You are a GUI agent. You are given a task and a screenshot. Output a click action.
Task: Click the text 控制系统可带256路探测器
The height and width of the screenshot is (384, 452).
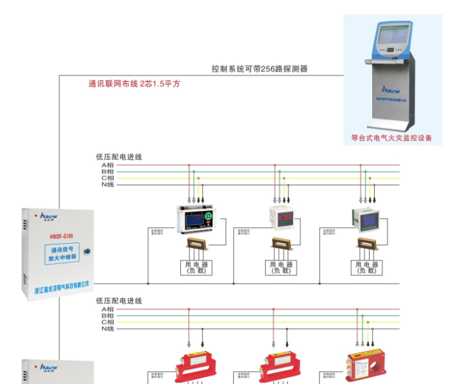259,69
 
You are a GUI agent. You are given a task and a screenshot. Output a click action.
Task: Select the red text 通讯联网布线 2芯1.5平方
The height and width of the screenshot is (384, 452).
134,84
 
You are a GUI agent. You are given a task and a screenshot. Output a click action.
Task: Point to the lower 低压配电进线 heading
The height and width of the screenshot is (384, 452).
118,300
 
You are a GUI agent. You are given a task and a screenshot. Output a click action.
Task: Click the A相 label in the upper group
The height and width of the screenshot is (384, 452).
108,165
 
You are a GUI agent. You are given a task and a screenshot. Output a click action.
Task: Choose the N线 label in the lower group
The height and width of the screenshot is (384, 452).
108,329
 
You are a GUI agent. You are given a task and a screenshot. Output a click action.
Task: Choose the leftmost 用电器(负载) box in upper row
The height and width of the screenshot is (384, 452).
196,268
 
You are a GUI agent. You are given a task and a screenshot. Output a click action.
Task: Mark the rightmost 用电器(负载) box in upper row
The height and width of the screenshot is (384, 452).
366,268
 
